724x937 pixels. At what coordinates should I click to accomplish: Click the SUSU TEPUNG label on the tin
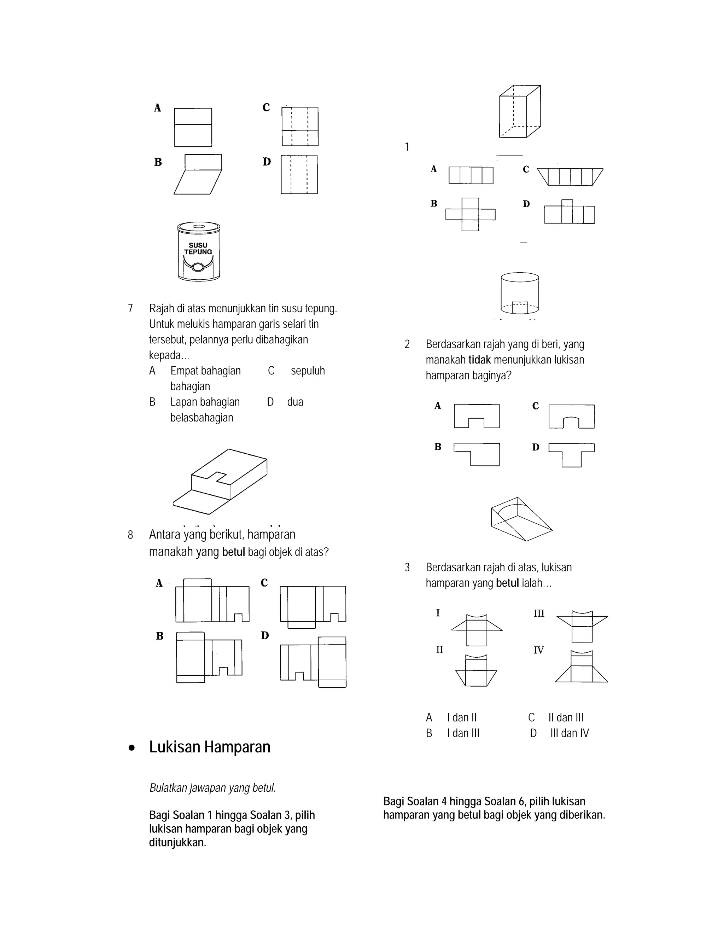tap(198, 249)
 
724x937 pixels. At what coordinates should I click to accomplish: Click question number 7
tap(130, 308)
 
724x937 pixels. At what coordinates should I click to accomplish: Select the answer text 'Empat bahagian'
tap(205, 371)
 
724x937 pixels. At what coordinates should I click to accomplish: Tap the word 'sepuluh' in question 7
tap(308, 371)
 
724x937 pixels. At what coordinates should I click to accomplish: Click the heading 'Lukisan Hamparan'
tap(210, 747)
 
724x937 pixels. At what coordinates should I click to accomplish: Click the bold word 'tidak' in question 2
tap(479, 360)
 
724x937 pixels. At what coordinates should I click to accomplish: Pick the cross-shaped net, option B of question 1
tap(470, 215)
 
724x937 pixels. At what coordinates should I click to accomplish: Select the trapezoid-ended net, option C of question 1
tap(570, 176)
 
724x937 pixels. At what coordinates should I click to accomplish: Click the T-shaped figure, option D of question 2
tap(571, 455)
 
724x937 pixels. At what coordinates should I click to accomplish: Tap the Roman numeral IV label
tap(538, 650)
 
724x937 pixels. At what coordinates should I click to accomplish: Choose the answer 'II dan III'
tap(566, 717)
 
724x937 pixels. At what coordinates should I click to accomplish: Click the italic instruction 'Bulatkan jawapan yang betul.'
tap(212, 788)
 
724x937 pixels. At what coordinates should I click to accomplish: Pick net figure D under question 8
tap(314, 662)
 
